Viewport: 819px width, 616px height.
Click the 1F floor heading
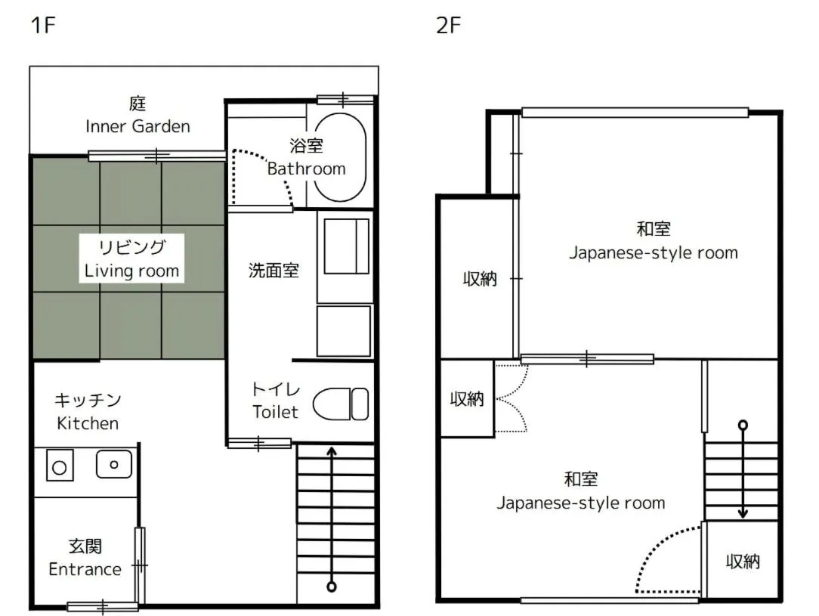[43, 26]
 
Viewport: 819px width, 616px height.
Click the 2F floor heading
[448, 26]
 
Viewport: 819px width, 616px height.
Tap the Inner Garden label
[138, 125]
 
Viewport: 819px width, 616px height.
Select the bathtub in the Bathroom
[340, 156]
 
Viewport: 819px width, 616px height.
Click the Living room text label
[131, 270]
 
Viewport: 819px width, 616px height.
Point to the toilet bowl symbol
[340, 404]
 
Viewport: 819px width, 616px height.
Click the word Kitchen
[88, 423]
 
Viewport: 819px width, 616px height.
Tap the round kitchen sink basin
[114, 463]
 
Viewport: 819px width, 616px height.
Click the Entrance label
[85, 569]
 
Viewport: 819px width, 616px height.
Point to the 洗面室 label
[274, 271]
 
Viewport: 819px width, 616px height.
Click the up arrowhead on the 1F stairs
[331, 452]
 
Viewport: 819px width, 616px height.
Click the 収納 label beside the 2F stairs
[743, 561]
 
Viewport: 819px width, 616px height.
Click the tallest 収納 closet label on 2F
[480, 278]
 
